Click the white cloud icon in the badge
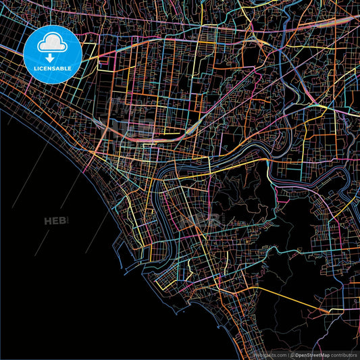pos(53,44)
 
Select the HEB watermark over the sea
pos(56,221)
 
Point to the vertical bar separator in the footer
pos(288,355)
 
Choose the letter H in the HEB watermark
pos(48,221)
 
